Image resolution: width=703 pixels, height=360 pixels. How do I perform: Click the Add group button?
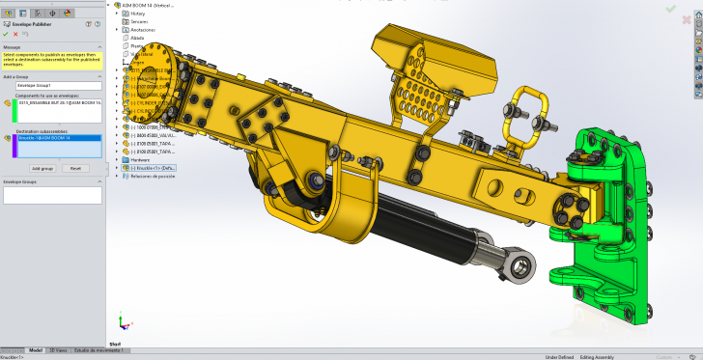coord(42,167)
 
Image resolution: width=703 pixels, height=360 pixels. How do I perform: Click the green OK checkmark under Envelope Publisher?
coord(6,34)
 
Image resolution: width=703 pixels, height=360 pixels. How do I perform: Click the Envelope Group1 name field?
coord(52,85)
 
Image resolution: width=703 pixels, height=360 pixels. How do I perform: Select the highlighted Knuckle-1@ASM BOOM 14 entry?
coord(58,138)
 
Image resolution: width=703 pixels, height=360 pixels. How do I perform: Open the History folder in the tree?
coord(138,14)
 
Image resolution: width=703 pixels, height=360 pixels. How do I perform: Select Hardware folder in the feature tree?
coord(141,159)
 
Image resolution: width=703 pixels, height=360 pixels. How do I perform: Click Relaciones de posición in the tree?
coord(153,177)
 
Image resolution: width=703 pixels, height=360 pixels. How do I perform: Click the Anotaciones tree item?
coord(144,29)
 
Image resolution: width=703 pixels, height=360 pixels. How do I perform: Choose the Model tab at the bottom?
coord(36,350)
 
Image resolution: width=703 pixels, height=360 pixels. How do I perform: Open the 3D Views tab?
coord(58,350)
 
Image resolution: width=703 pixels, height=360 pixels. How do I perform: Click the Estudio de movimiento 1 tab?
coord(99,350)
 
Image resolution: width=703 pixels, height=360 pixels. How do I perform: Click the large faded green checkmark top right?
coord(670,9)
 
